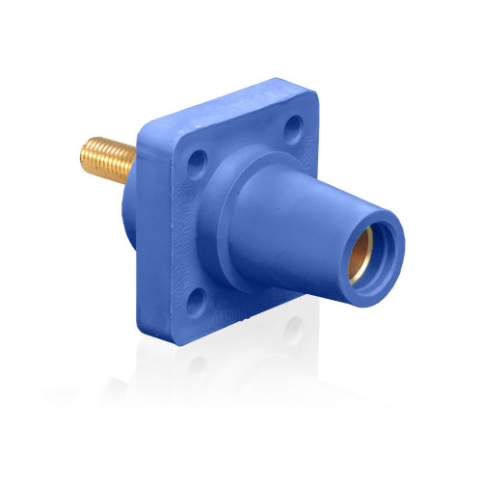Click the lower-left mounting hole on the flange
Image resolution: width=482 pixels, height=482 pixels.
click(x=196, y=303)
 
